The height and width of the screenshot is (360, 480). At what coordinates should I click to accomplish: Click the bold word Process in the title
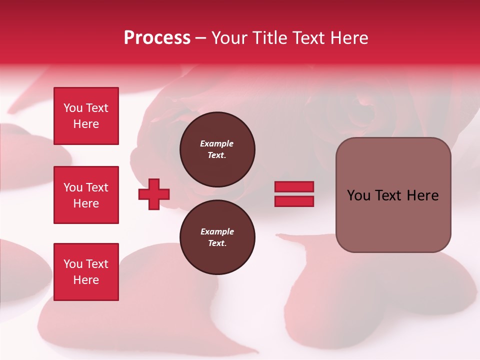click(x=157, y=38)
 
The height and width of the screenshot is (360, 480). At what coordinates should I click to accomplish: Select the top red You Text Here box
click(x=86, y=116)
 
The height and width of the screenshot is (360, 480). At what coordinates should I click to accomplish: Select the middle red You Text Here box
click(x=86, y=195)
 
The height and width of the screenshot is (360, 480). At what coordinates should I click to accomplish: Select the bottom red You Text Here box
click(x=86, y=272)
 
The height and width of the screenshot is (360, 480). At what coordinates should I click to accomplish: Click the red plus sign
click(x=154, y=194)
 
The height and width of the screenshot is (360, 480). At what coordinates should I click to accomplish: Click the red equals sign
click(x=294, y=194)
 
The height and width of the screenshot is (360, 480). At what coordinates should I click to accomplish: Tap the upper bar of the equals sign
click(x=294, y=186)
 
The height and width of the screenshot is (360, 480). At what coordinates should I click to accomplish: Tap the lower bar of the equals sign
click(x=294, y=201)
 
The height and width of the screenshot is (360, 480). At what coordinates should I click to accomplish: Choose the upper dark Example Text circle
click(x=217, y=149)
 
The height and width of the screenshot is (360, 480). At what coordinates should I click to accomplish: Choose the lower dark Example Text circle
click(x=217, y=237)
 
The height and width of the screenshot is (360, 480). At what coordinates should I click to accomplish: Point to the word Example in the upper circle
click(x=216, y=143)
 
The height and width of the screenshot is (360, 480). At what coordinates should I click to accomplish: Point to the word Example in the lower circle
click(x=217, y=231)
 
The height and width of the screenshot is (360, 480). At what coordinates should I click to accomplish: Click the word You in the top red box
click(x=73, y=108)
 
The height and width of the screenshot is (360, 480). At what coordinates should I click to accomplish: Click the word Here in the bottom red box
click(x=86, y=280)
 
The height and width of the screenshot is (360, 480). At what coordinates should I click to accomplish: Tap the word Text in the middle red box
click(x=97, y=187)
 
